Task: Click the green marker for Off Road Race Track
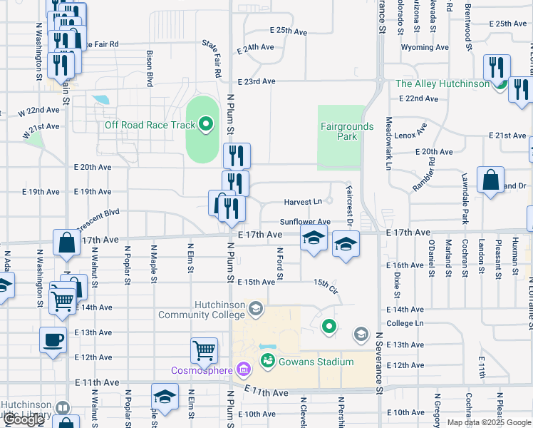coord(206,125)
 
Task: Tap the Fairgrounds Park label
coord(347,131)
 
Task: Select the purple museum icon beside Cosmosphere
coord(244,370)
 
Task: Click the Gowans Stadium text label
coord(316,362)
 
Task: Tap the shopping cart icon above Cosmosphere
coord(204,350)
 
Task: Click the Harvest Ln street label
coord(303,202)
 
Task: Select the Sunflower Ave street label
coord(305,223)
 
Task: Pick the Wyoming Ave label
coord(425,48)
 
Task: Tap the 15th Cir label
coord(324,285)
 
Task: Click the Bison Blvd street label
coord(150,68)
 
